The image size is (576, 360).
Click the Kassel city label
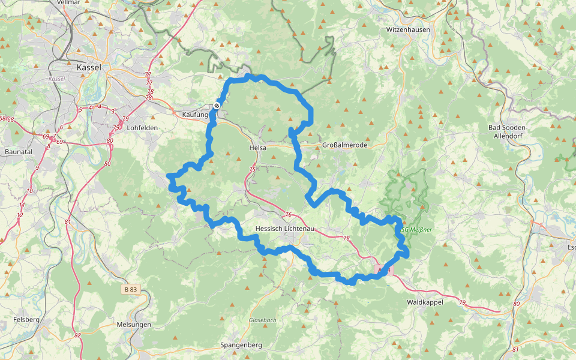pyautogui.click(x=89, y=68)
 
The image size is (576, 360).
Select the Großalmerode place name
pyautogui.click(x=344, y=145)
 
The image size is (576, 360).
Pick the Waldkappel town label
pyautogui.click(x=425, y=302)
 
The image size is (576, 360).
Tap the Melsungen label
pyautogui.click(x=134, y=325)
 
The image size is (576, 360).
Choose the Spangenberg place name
pyautogui.click(x=241, y=345)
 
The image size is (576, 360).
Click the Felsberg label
pyautogui.click(x=26, y=320)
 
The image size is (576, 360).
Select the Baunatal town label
pyautogui.click(x=18, y=152)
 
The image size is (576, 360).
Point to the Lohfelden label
pyautogui.click(x=142, y=128)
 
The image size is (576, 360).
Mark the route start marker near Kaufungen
pyautogui.click(x=217, y=106)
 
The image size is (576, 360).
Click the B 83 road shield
pyautogui.click(x=130, y=289)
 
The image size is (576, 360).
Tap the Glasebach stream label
pyautogui.click(x=263, y=320)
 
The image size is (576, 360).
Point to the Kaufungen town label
pyautogui.click(x=195, y=114)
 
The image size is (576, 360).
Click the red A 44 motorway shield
pyautogui.click(x=385, y=270)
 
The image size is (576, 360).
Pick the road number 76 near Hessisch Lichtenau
pyautogui.click(x=288, y=215)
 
